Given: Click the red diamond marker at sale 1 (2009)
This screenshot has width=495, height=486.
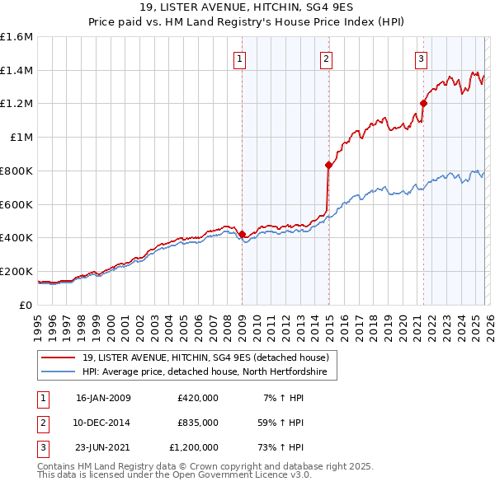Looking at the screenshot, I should (x=242, y=234).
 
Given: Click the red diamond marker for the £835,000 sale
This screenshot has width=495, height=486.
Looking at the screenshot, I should (x=328, y=165).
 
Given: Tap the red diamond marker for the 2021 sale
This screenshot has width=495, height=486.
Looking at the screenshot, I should (x=423, y=103).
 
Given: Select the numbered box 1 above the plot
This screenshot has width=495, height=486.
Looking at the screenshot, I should (x=240, y=58).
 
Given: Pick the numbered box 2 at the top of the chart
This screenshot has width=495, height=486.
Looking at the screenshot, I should (x=327, y=58).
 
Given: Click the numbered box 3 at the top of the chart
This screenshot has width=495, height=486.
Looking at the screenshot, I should (x=421, y=58).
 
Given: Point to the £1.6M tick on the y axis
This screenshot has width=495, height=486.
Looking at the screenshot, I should (x=16, y=37).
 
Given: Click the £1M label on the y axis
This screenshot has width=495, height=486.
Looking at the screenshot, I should (x=21, y=138).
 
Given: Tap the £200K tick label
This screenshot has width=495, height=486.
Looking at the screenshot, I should (x=16, y=271).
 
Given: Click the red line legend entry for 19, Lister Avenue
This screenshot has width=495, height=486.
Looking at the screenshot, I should (x=206, y=357).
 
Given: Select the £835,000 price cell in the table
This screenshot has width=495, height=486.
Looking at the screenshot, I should (x=197, y=423).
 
